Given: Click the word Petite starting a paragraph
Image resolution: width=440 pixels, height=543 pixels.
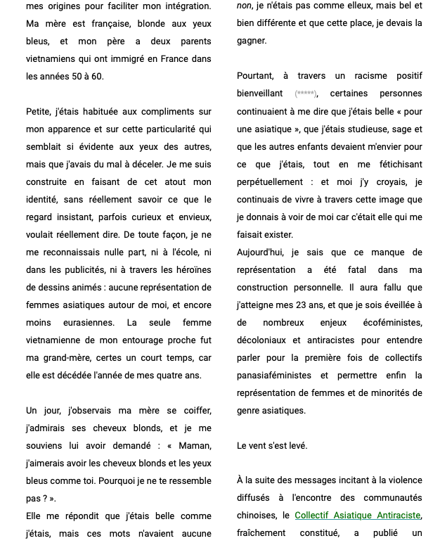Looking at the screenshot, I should click(39, 111).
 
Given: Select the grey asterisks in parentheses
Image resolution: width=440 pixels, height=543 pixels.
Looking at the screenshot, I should click(306, 94).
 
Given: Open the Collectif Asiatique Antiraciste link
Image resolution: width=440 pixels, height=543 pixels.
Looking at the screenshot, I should click(357, 516).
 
